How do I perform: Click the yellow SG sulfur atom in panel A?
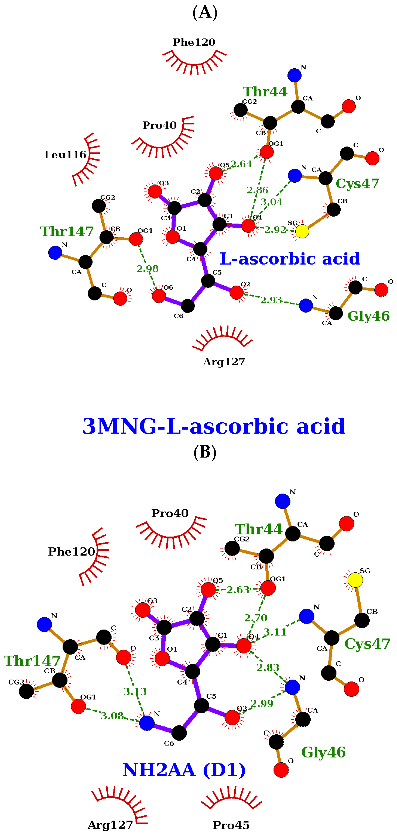[302, 231]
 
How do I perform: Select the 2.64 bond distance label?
[241, 164]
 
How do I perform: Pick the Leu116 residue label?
[65, 155]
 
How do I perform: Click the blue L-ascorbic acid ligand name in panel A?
[290, 259]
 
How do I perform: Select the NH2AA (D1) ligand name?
[184, 770]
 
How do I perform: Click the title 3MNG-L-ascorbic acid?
[214, 426]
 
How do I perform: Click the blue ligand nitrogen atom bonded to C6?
[147, 723]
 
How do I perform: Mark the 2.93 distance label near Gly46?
[271, 300]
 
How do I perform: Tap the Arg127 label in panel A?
[224, 362]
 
